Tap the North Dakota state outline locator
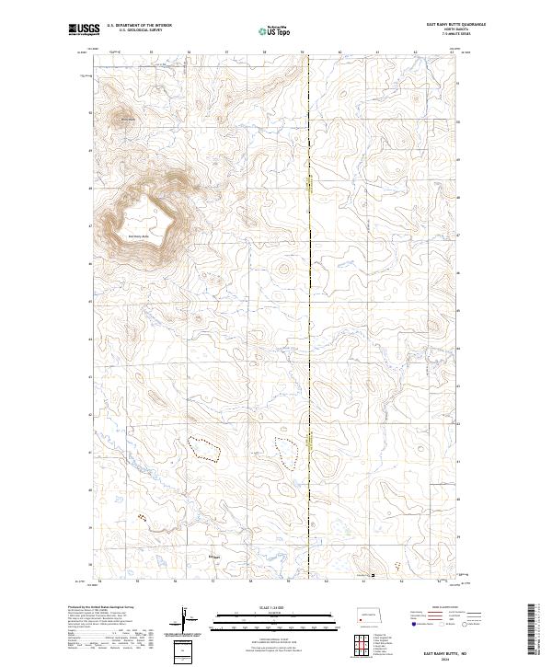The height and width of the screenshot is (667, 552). click(x=369, y=615)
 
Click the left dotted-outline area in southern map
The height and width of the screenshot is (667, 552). click(x=205, y=449)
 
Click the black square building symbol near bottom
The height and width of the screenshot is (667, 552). click(x=374, y=577)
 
